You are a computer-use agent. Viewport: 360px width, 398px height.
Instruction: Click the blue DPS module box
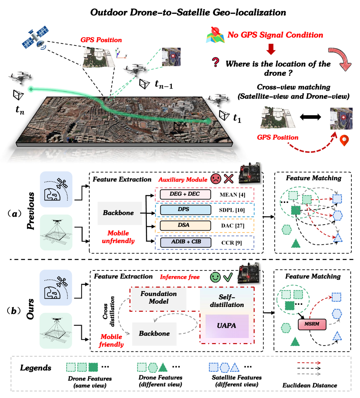coord(185,210)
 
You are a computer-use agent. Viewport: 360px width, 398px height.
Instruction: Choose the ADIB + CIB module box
coord(185,242)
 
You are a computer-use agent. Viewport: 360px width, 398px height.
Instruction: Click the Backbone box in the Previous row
coord(118,213)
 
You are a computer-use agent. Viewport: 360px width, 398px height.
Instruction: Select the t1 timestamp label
coord(237,117)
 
